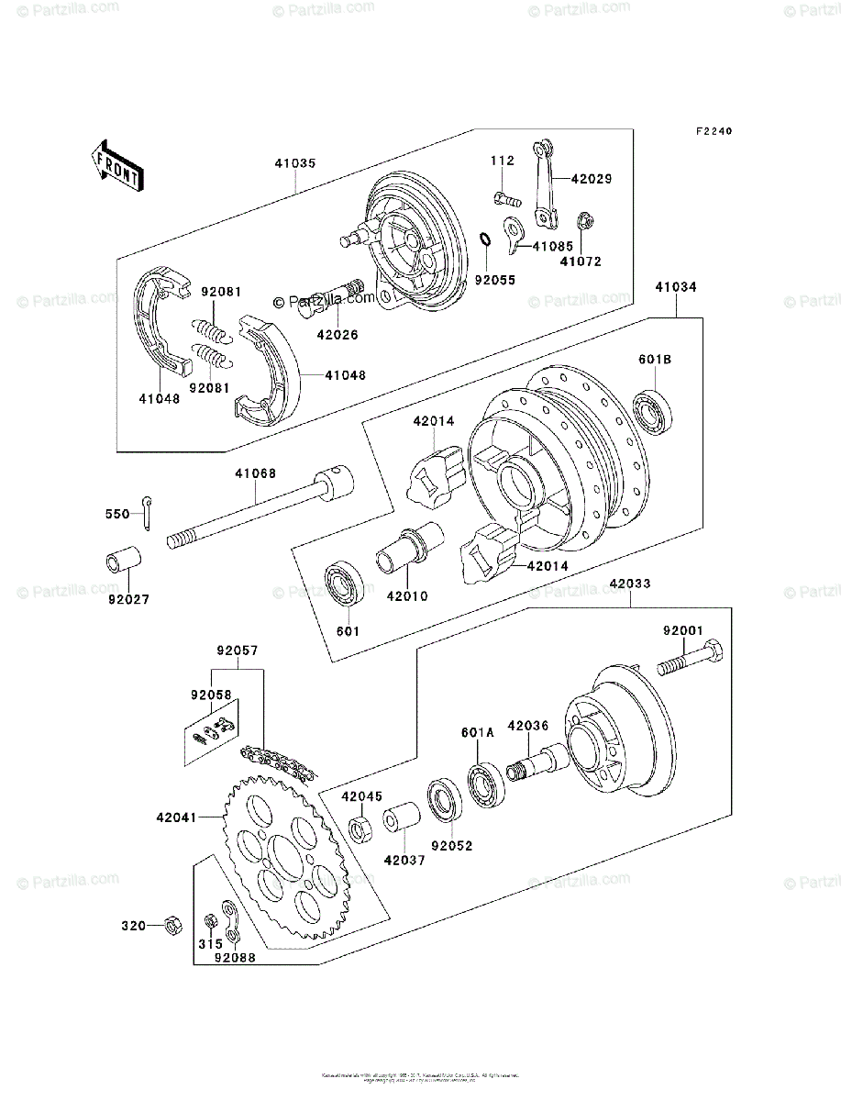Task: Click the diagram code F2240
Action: [x=713, y=132]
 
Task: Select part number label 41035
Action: [x=293, y=164]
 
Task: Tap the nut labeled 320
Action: [x=171, y=924]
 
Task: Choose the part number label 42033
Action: [x=629, y=583]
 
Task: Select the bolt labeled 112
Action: [x=505, y=196]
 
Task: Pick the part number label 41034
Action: [x=676, y=287]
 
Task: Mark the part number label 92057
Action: [x=238, y=651]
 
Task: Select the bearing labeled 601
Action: [x=345, y=587]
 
